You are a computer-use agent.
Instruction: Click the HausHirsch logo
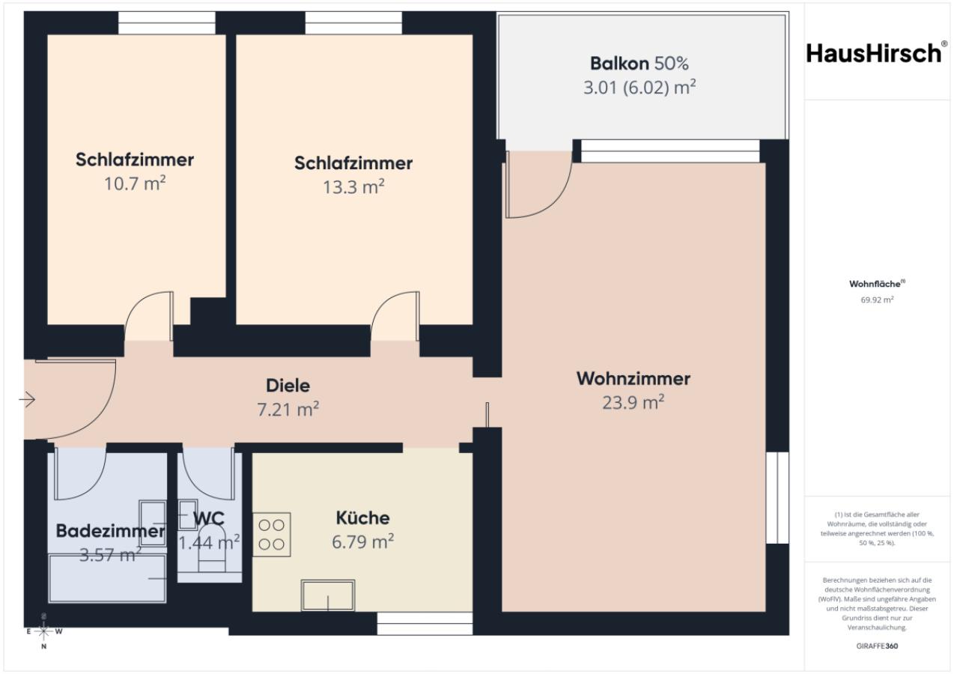click(x=877, y=53)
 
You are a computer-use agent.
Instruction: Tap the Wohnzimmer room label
click(x=634, y=378)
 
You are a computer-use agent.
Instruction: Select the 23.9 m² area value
click(x=634, y=401)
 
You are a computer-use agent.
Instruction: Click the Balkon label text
click(x=619, y=64)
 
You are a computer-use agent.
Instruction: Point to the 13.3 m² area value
click(x=353, y=186)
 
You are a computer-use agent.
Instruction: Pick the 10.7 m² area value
click(x=135, y=183)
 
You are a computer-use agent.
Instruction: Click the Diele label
click(x=288, y=386)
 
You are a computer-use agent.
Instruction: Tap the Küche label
click(x=363, y=517)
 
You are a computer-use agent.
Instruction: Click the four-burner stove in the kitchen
click(x=272, y=534)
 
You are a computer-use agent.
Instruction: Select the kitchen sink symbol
click(x=328, y=595)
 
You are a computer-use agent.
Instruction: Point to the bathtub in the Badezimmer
click(x=107, y=578)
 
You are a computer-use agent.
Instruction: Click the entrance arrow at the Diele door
click(x=27, y=400)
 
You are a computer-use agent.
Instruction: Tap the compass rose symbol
click(x=44, y=631)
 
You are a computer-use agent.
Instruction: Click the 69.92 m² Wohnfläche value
click(x=877, y=300)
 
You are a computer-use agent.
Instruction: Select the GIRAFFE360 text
click(x=877, y=646)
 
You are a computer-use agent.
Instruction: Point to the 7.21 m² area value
click(x=288, y=409)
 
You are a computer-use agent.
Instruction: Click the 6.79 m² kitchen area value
click(x=363, y=541)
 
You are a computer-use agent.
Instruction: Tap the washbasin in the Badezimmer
click(x=153, y=523)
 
